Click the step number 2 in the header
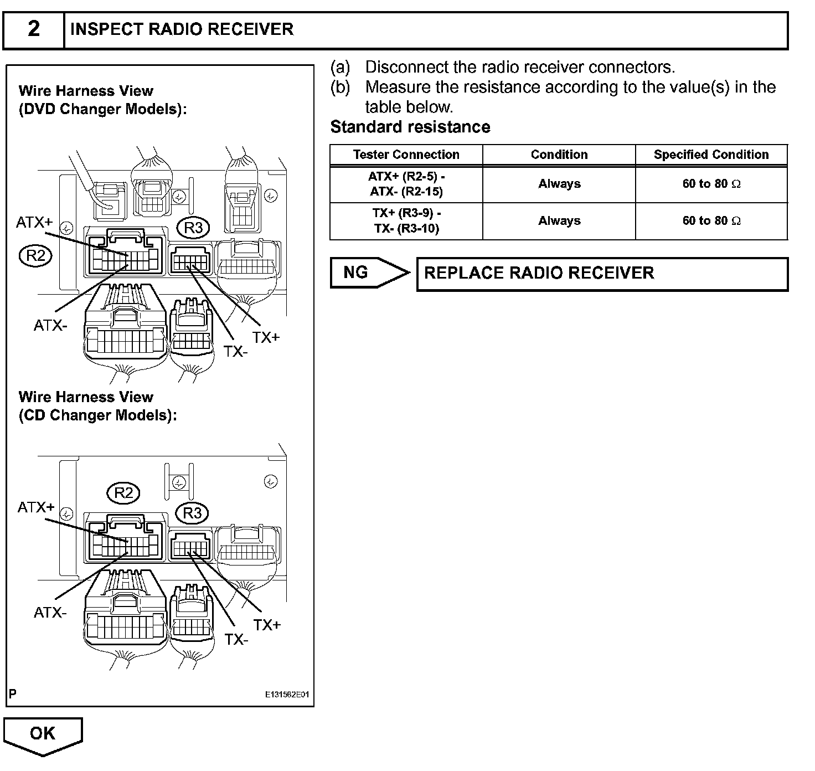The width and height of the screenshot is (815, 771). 34,29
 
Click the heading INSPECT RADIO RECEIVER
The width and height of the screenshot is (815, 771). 182,29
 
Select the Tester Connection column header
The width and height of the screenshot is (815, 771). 406,155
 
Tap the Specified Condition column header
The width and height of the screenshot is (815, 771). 711,155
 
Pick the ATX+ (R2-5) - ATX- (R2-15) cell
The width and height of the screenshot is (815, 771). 406,184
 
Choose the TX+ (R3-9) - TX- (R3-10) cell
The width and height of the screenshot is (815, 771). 406,220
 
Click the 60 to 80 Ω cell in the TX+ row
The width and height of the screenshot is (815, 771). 711,220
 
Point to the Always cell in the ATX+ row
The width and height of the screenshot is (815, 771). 559,184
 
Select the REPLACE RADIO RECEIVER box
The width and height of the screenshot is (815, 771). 602,273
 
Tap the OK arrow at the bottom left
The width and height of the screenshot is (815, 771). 43,734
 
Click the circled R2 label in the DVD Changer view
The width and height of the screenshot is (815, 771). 35,255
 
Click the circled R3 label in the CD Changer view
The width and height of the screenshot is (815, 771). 192,513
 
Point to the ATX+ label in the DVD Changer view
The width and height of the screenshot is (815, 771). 34,222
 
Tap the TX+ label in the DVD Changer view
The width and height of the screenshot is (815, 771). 266,337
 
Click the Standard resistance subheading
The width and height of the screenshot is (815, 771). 410,127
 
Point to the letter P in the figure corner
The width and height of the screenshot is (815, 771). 13,693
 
